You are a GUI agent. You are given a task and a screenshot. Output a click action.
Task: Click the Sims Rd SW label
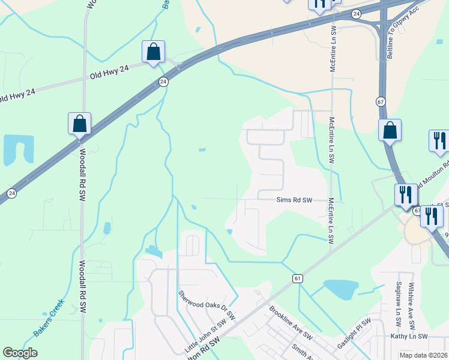(295, 200)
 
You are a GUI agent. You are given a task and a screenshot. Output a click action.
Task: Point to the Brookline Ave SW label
(291, 322)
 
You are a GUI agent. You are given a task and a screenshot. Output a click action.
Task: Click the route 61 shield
(298, 278)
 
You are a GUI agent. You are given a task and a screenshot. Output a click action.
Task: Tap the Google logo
(20, 353)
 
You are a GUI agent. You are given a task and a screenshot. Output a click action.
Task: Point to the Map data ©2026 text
(423, 355)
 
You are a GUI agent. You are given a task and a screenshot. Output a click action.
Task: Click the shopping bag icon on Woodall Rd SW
(79, 124)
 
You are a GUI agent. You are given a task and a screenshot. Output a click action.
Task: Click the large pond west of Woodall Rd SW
(17, 150)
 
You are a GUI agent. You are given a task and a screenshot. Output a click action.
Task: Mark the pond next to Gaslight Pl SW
(340, 289)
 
